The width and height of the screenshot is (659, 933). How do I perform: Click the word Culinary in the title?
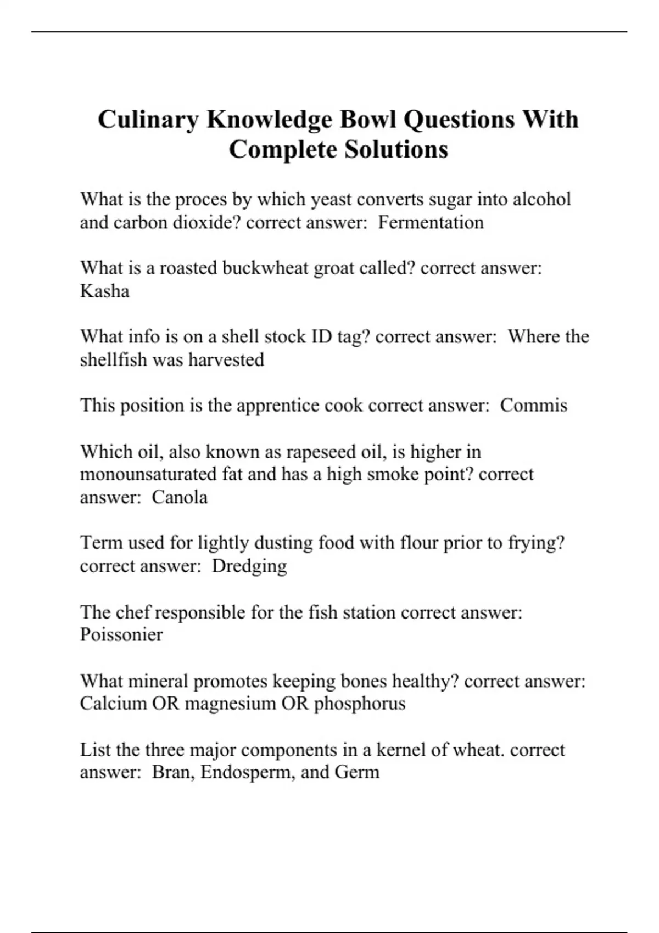[x=148, y=120]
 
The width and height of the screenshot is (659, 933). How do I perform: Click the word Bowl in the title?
[x=367, y=119]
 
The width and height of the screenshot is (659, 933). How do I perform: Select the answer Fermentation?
[x=431, y=222]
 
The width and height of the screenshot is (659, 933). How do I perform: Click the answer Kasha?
[x=104, y=291]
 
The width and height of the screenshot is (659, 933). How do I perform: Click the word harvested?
[x=226, y=359]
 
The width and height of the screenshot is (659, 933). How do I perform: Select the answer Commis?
[x=533, y=405]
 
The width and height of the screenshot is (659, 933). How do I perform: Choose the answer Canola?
[x=180, y=497]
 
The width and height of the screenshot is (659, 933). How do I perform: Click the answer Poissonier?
[x=121, y=634]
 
